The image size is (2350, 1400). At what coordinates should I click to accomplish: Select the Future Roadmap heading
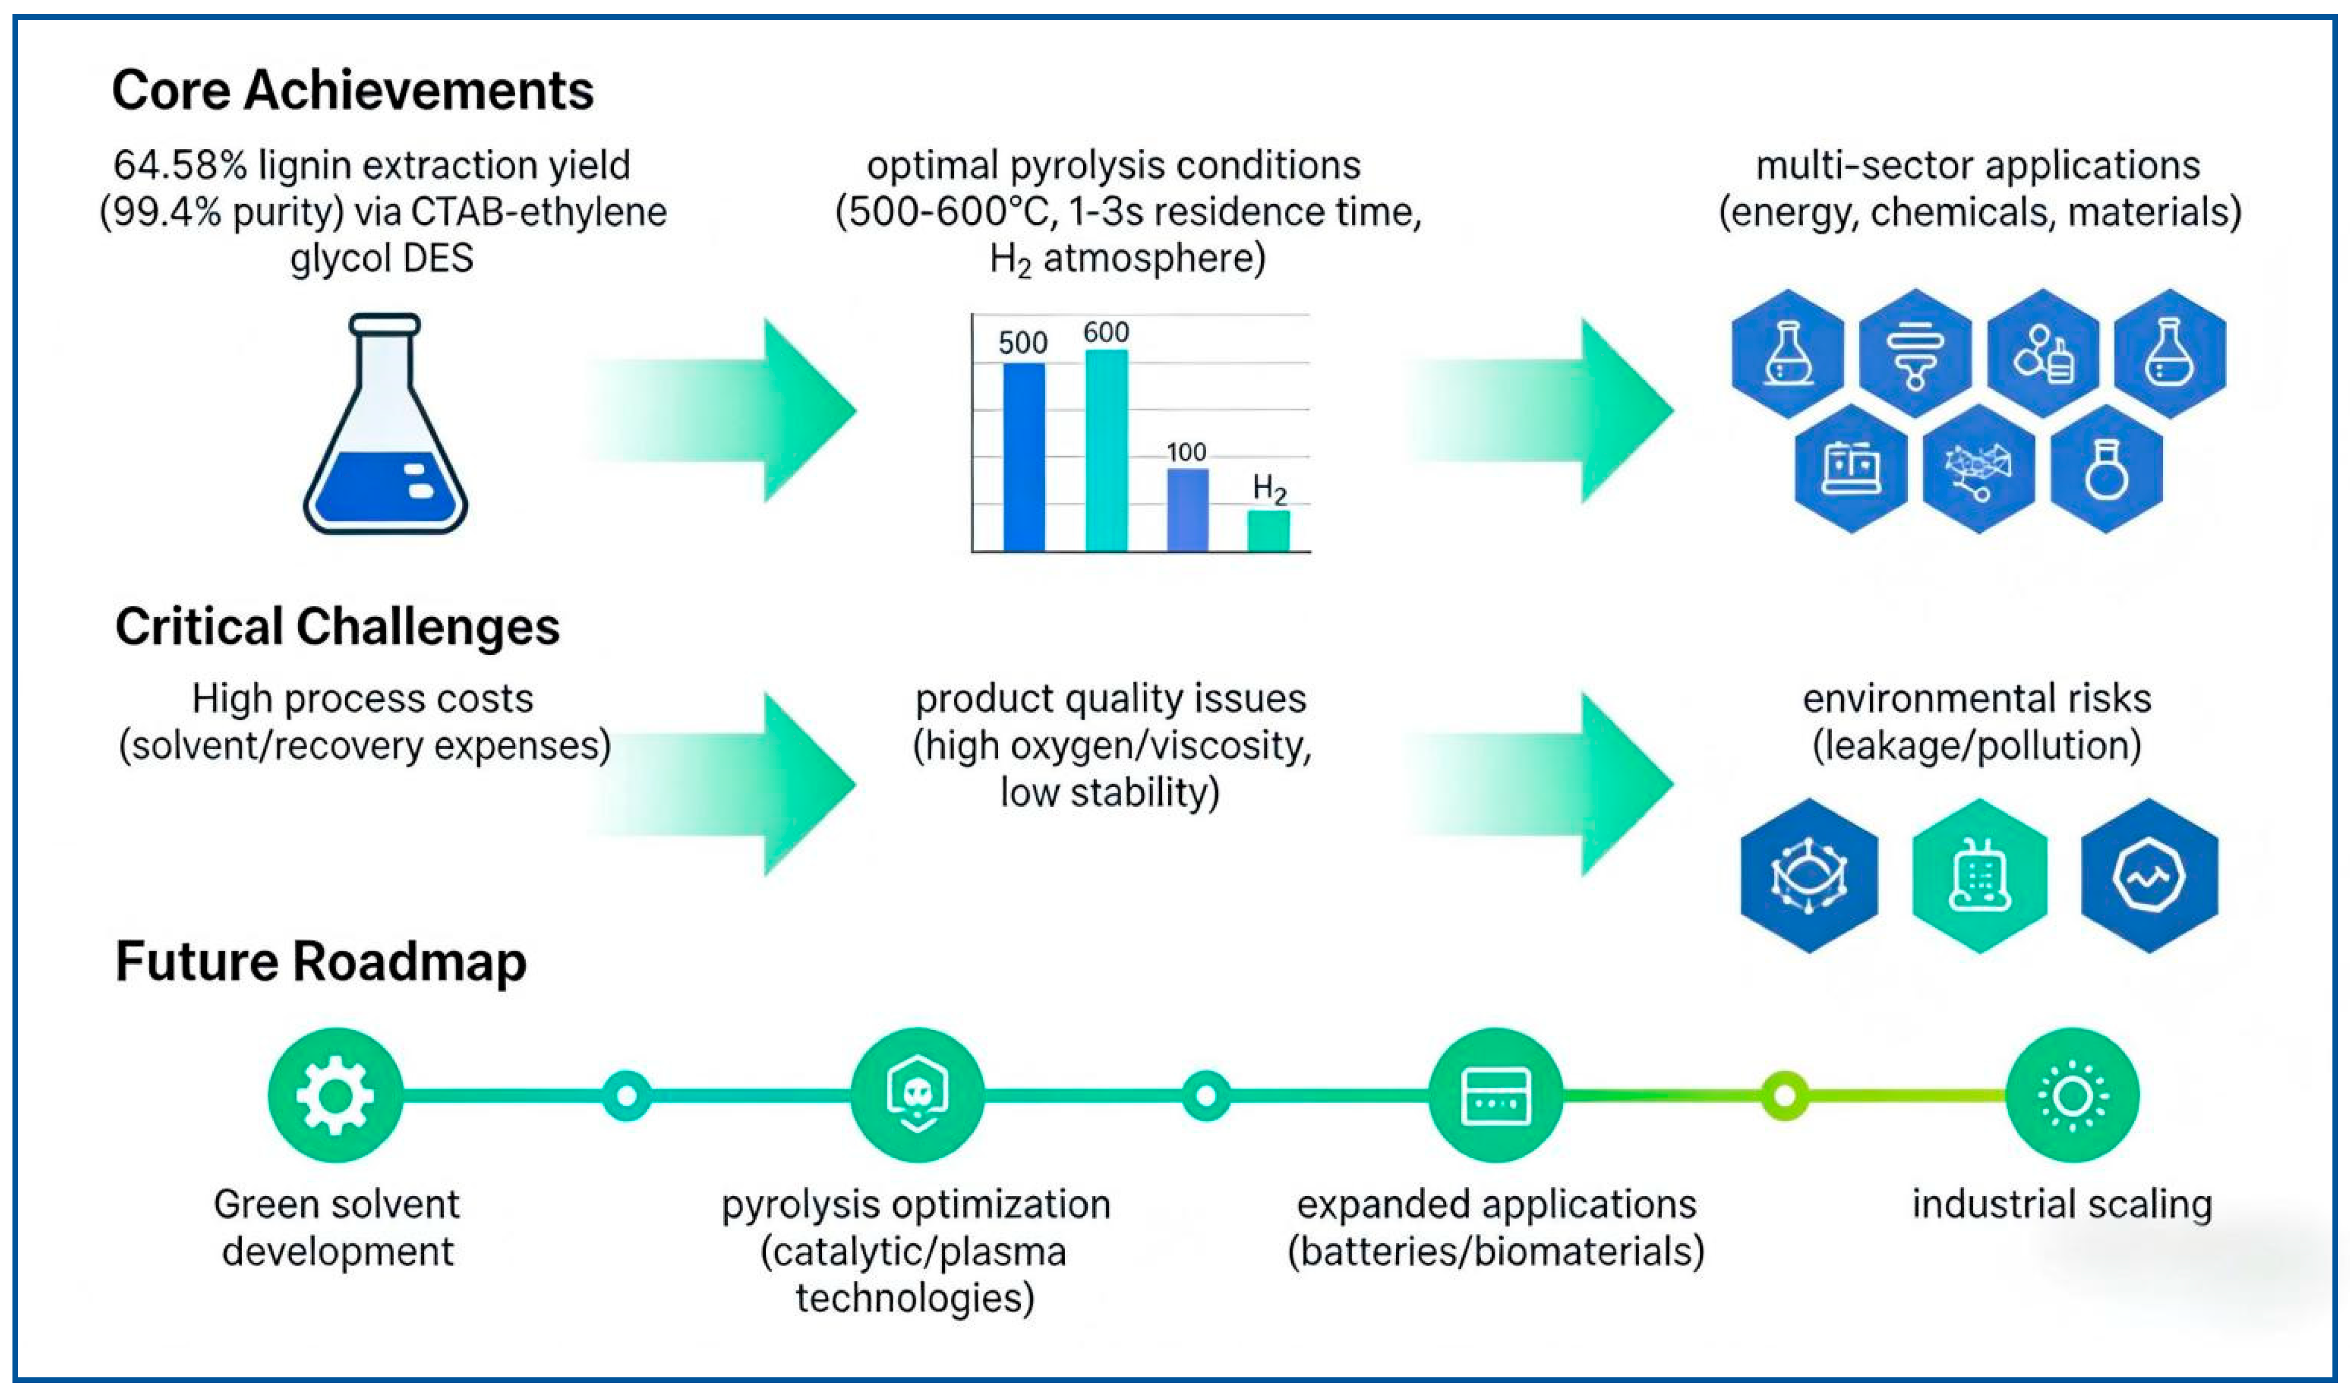pos(321,962)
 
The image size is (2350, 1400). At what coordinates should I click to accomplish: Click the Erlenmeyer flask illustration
pos(385,424)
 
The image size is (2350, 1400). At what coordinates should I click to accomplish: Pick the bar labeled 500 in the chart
pos(1024,458)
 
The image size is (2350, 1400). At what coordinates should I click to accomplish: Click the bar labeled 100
pos(1188,510)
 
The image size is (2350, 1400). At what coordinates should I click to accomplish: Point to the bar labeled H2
pos(1269,531)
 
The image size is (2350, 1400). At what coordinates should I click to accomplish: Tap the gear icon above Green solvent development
pos(335,1095)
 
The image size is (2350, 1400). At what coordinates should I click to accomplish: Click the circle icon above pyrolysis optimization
pos(917,1095)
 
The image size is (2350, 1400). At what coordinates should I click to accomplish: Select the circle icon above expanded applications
pos(1496,1095)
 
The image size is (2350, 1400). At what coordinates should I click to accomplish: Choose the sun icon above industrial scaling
pos(2072,1095)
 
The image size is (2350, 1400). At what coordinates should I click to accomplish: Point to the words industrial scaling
pos(2062,1205)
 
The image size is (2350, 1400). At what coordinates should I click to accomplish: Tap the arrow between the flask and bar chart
pos(722,410)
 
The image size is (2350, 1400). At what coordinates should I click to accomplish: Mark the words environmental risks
pos(1977,699)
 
